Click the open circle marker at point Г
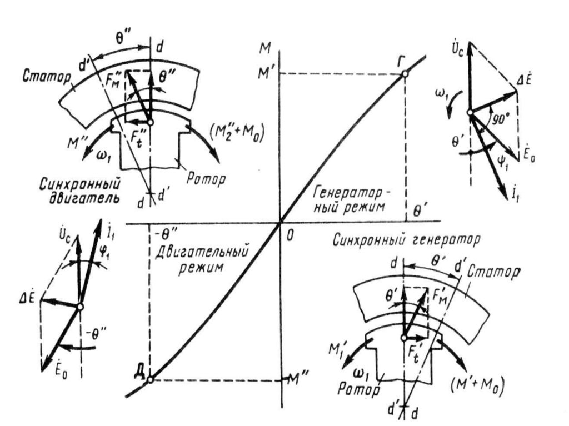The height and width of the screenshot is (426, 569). pyautogui.click(x=405, y=74)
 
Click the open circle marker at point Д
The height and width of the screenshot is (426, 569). pyautogui.click(x=149, y=379)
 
